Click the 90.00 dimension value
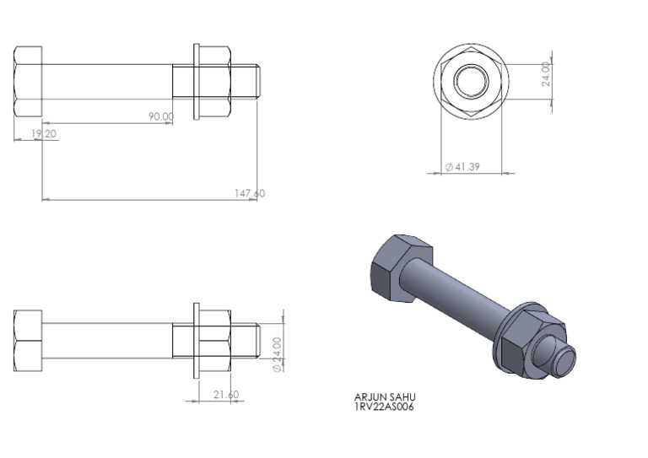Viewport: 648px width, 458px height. [x=161, y=116]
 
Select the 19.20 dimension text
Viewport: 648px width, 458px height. [x=44, y=133]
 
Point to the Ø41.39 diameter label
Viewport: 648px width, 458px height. [x=463, y=167]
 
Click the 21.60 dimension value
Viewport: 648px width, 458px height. [x=225, y=394]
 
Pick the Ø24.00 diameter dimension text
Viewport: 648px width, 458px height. [x=276, y=353]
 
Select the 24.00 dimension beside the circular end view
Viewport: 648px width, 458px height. [x=546, y=74]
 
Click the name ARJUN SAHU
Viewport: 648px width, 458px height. [x=386, y=397]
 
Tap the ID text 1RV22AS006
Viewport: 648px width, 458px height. [x=384, y=407]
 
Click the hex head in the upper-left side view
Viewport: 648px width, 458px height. [x=28, y=82]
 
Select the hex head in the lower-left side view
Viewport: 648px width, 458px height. [x=28, y=341]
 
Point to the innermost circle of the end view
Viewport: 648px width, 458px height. [x=471, y=82]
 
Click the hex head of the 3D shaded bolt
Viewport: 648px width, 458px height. [x=399, y=266]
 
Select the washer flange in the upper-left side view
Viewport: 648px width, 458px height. [x=197, y=82]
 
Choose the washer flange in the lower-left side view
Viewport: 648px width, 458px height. [x=197, y=341]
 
